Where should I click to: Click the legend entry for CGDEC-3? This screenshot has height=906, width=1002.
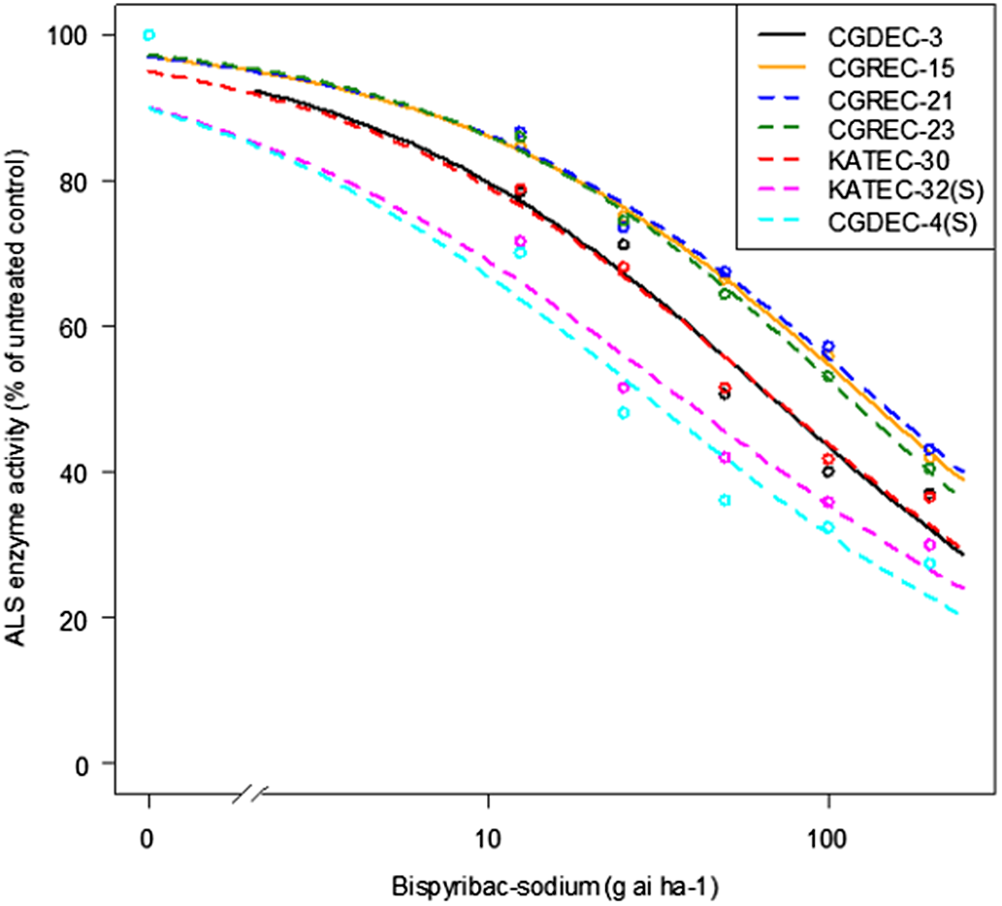point(876,38)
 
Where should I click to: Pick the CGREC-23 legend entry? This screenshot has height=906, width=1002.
point(881,130)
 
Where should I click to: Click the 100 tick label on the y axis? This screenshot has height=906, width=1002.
point(75,35)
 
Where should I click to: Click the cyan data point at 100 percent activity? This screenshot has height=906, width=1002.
point(148,35)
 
